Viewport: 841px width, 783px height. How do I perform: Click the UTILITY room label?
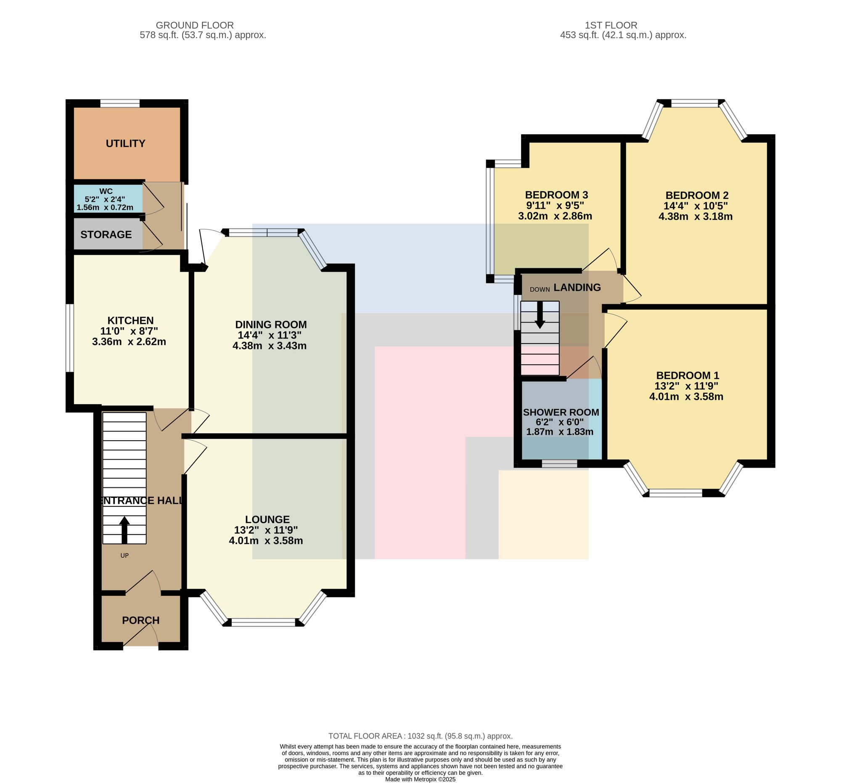(125, 143)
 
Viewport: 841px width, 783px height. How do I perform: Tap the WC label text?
(106, 191)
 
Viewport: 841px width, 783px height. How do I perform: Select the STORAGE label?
(106, 234)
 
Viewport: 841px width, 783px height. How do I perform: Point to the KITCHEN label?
(130, 321)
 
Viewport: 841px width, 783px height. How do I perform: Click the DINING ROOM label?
(271, 325)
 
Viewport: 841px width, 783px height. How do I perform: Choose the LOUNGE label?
(267, 519)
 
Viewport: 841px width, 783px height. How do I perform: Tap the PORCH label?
(141, 620)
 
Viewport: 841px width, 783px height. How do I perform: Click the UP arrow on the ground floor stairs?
(124, 529)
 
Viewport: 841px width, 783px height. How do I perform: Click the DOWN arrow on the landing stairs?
(540, 315)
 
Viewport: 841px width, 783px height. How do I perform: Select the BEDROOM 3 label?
(556, 195)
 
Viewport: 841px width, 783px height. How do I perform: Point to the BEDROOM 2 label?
(697, 196)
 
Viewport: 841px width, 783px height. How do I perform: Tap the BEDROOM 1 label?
(688, 375)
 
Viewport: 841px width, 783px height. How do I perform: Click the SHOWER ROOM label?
(561, 412)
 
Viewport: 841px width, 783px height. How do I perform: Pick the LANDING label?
(577, 288)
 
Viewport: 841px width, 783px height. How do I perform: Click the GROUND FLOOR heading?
(195, 25)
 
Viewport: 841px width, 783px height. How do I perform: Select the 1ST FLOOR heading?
(611, 25)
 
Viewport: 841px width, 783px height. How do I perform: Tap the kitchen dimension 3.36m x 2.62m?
(129, 342)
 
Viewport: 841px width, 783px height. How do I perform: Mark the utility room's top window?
(120, 103)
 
